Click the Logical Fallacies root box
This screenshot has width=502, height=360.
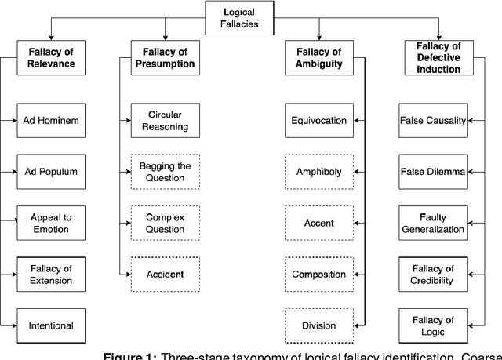(238, 18)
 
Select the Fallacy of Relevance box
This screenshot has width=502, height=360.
(51, 58)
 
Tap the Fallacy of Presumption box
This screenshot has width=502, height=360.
(165, 58)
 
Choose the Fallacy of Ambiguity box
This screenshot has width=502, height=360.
(319, 58)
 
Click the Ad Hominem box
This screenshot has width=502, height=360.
(51, 121)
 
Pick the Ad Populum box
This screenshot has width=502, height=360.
(51, 171)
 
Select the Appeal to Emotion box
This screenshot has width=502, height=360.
(51, 224)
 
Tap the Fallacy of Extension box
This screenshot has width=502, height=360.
(51, 275)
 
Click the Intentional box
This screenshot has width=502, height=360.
(51, 325)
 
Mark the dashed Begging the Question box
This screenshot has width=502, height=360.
(165, 172)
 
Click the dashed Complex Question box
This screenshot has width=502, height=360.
(165, 224)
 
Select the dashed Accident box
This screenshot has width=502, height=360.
(165, 274)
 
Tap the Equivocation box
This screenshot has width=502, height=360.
(318, 121)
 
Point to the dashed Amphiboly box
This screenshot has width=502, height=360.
(318, 171)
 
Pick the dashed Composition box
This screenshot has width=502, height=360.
(318, 274)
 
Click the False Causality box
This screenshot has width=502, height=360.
(433, 121)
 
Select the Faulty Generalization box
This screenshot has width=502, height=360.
(433, 224)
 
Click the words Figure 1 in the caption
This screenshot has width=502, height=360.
(127, 355)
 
